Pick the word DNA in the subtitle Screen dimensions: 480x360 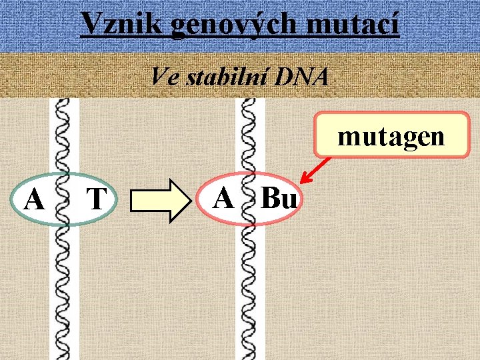303,77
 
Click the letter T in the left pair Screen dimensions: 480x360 97,199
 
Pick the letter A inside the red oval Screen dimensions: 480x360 225,197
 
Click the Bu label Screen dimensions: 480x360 278,198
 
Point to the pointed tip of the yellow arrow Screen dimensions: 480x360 187,199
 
